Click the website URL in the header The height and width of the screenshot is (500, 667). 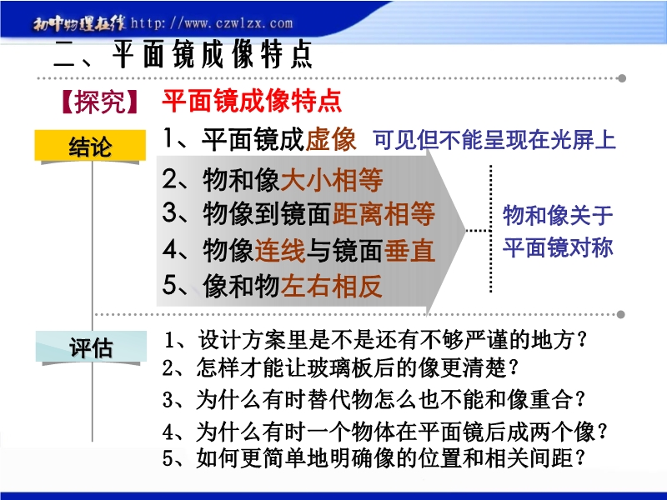[x=212, y=23]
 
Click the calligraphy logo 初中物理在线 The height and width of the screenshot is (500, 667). [x=79, y=24]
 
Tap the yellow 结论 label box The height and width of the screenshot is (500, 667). [x=90, y=145]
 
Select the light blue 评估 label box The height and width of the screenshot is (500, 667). [x=91, y=347]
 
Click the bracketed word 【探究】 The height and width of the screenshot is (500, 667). [x=100, y=101]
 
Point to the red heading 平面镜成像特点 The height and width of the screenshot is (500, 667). [x=252, y=101]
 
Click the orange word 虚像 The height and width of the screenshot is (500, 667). [x=330, y=138]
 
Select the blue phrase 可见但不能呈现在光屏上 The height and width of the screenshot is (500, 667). [x=494, y=139]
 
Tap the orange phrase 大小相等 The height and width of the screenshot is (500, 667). [x=332, y=179]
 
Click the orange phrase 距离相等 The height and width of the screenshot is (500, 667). [x=384, y=213]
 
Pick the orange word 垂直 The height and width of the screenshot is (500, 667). [x=409, y=250]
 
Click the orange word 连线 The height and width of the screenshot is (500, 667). [x=280, y=250]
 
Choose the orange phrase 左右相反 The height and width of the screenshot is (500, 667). [x=331, y=285]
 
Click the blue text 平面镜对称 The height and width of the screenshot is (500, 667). [x=558, y=247]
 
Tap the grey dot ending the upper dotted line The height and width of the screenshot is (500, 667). [x=621, y=78]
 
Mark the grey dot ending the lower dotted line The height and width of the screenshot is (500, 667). [x=620, y=314]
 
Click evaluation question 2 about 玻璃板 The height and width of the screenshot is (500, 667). [x=341, y=367]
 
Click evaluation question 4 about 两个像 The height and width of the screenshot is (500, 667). [x=384, y=432]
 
